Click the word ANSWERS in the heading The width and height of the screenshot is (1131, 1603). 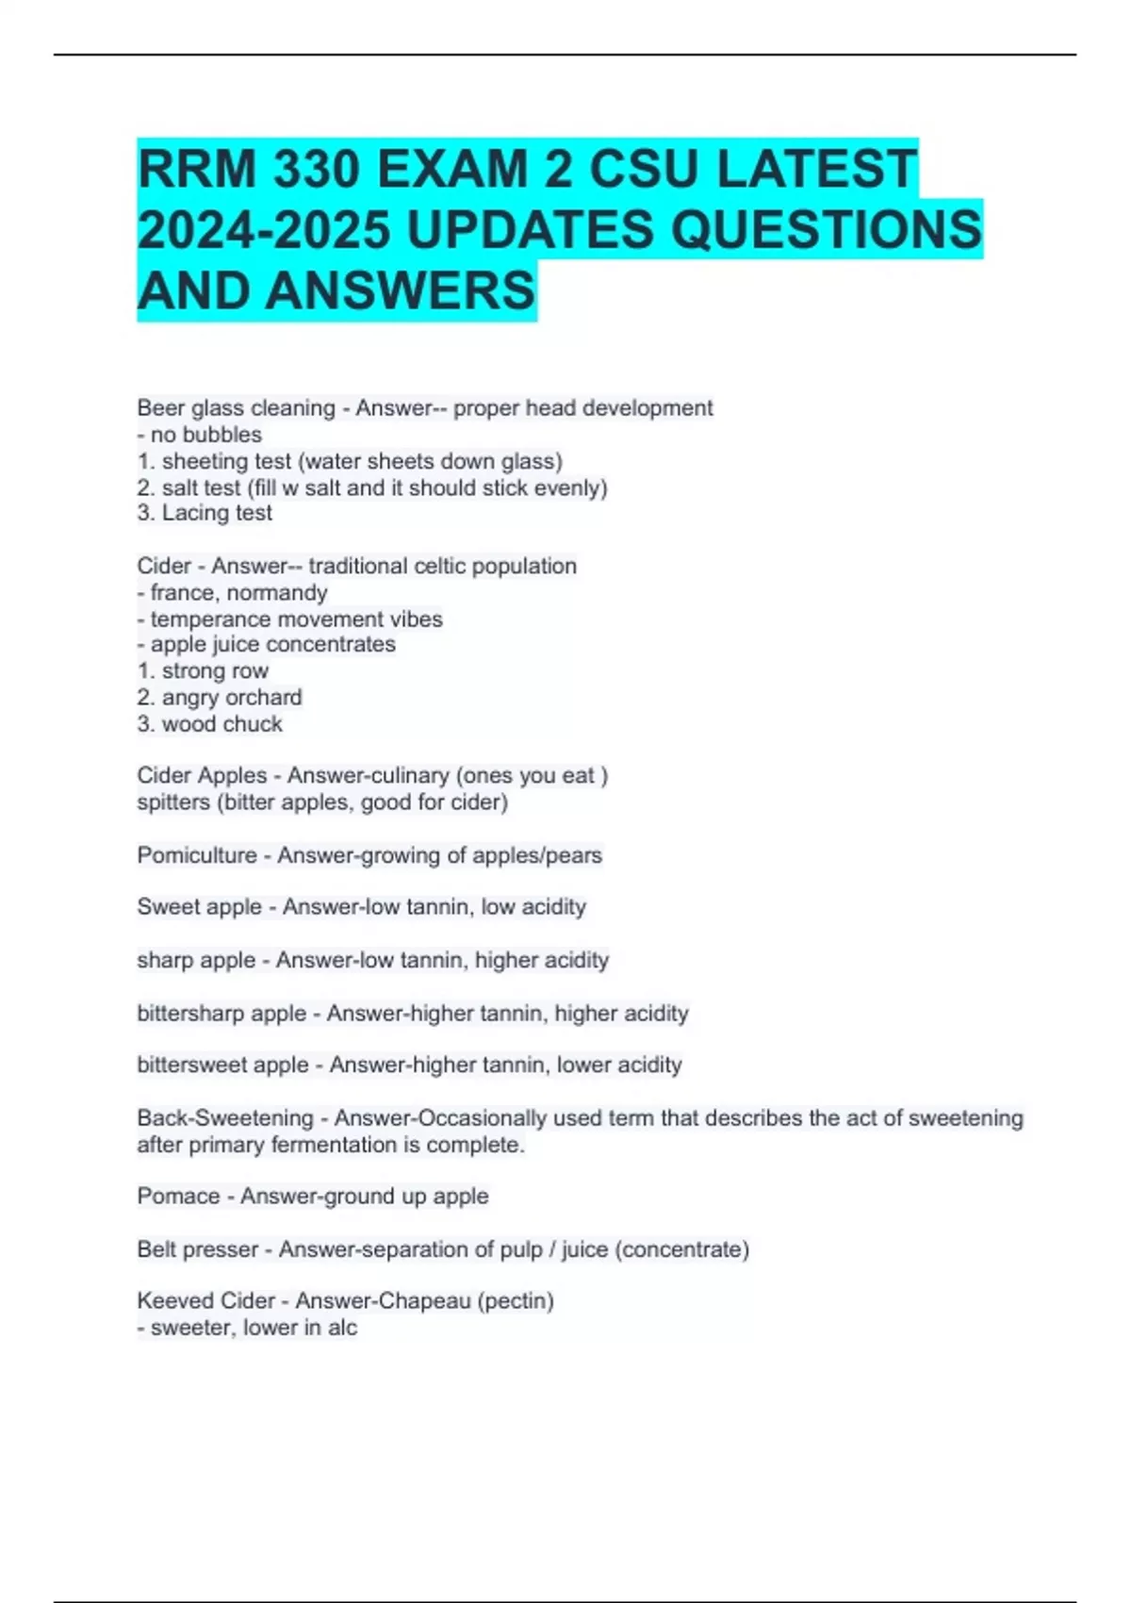tap(400, 290)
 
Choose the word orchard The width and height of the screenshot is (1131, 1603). tap(264, 698)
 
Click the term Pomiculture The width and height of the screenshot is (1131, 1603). tap(196, 855)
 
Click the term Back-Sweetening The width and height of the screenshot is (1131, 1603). tap(224, 1118)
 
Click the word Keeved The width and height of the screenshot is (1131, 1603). tap(170, 1301)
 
